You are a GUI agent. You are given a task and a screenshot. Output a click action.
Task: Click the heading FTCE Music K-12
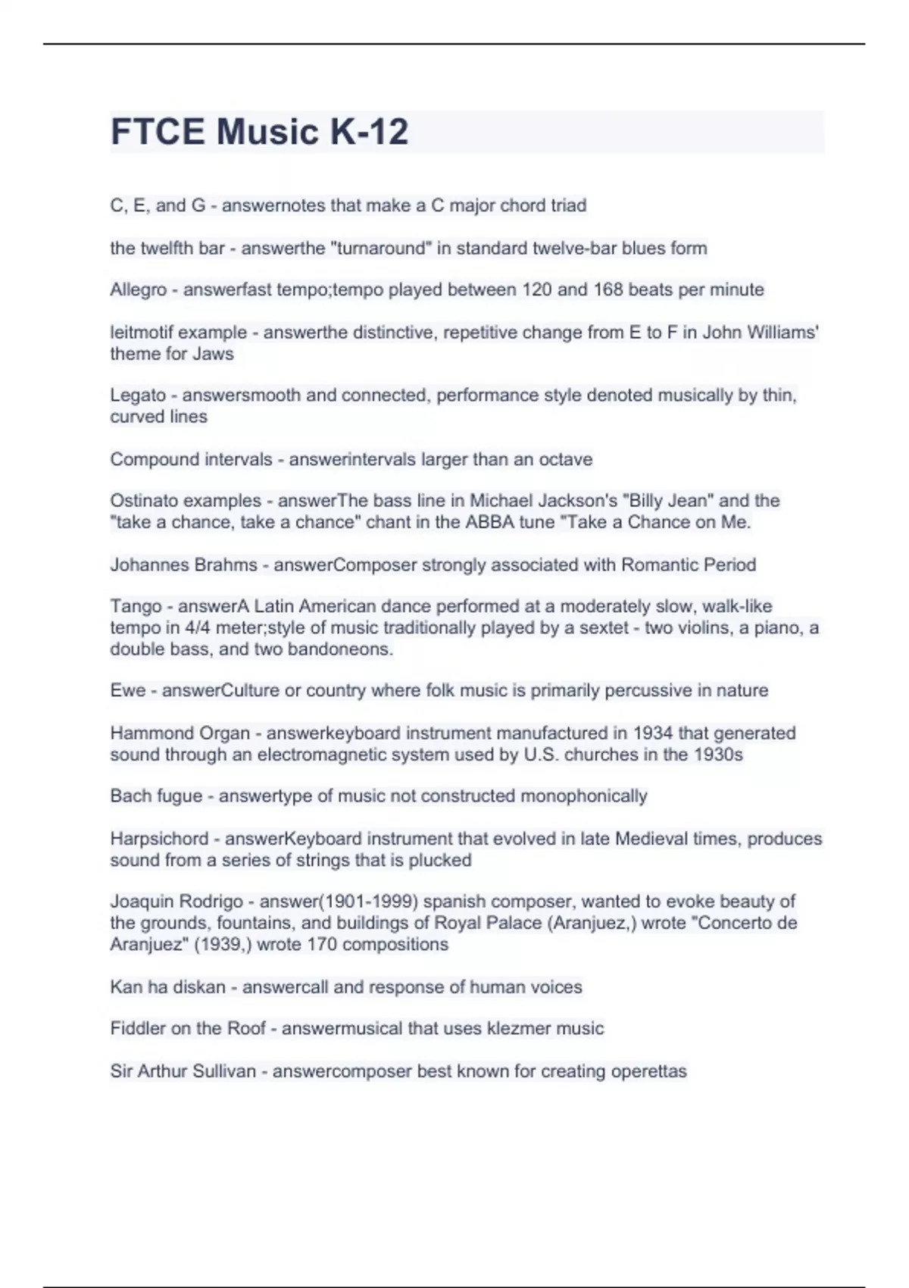pos(259,132)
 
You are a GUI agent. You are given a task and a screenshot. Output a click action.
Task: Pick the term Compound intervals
pos(191,459)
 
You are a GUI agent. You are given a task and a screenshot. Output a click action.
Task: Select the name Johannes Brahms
pos(183,564)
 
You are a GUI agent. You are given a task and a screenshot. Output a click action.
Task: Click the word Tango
pos(136,606)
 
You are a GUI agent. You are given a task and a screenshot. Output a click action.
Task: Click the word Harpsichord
pos(159,839)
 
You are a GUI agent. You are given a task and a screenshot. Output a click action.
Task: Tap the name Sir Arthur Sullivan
pos(183,1071)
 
